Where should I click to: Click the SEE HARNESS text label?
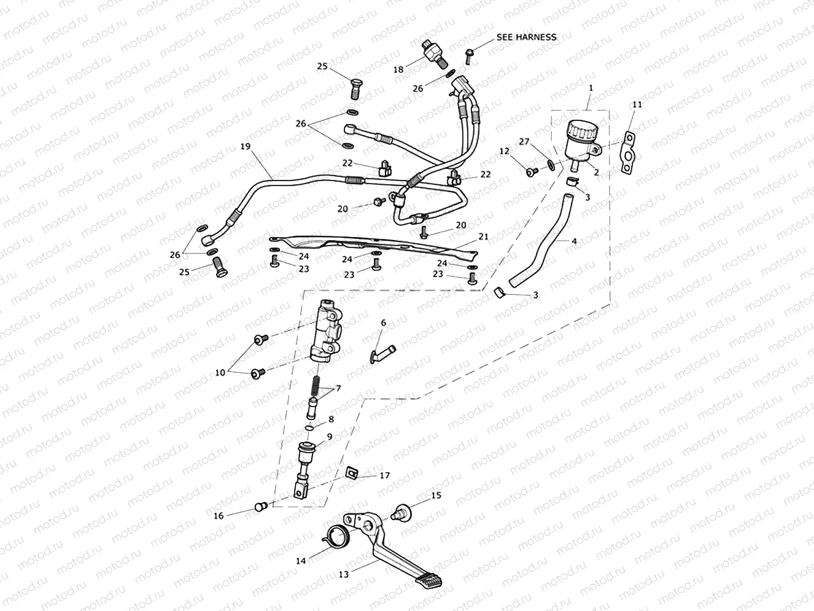coord(526,37)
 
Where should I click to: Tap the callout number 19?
coord(246,147)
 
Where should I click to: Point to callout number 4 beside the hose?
coord(574,241)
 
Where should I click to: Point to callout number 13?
coord(344,574)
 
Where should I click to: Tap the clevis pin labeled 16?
coord(260,507)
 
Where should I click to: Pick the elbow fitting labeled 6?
coord(382,353)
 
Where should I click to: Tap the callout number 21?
coord(484,236)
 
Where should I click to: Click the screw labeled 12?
coord(531,171)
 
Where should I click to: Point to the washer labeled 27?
coord(551,163)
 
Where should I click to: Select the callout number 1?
coord(591,88)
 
